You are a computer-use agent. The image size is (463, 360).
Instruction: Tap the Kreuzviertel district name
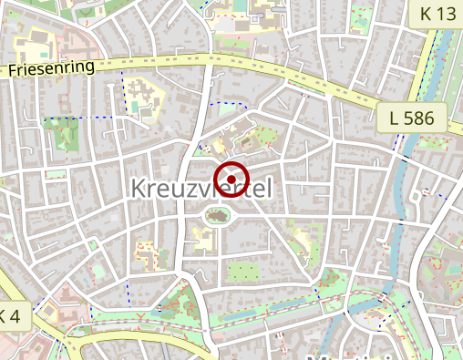coord(202,188)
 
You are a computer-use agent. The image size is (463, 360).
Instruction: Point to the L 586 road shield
coord(411,117)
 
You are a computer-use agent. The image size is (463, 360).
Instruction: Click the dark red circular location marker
coord(231,178)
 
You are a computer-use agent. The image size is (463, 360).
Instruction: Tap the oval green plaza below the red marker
coord(217,217)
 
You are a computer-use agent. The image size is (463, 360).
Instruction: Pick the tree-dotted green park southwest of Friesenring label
coord(62,135)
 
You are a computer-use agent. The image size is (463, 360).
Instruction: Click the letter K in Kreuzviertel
coord(139,188)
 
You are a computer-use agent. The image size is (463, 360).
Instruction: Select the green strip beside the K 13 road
coord(421,64)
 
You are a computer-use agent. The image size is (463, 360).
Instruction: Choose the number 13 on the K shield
coord(447,13)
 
